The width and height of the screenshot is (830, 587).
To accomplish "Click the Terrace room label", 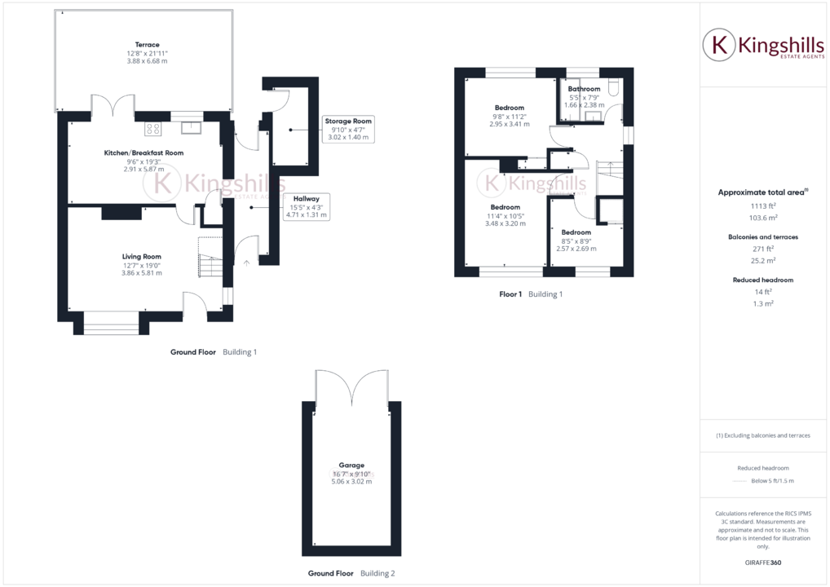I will tap(148, 45).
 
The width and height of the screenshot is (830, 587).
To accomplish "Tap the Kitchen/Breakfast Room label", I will tap(143, 152).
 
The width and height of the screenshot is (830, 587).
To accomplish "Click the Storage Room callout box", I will tap(348, 129).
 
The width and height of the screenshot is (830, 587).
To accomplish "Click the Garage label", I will tap(351, 465).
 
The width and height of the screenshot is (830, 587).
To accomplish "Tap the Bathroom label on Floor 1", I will tap(584, 89).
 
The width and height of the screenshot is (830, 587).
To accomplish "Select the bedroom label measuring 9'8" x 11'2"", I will tap(509, 108).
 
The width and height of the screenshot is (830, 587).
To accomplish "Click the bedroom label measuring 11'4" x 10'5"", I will tap(506, 207).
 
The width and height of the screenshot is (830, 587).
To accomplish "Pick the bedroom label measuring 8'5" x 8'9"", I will tap(576, 232).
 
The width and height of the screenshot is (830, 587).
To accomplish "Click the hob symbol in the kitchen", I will tap(152, 127).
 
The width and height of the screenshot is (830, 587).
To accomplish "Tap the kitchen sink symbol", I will tap(191, 126).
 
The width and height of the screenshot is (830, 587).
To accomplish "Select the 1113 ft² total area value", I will tap(763, 207).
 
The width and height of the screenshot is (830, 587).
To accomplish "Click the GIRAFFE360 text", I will tap(763, 563).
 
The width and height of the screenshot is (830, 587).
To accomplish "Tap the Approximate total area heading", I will tap(762, 192).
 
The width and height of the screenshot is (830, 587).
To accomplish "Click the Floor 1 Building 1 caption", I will tap(531, 293).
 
